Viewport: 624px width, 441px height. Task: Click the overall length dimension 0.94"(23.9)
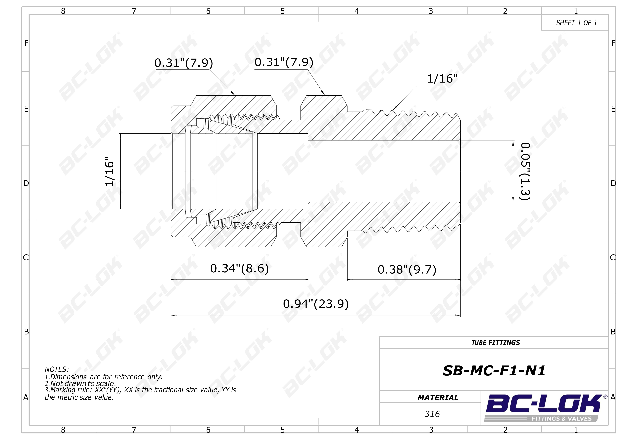click(x=316, y=304)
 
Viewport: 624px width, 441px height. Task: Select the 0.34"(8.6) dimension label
click(x=239, y=269)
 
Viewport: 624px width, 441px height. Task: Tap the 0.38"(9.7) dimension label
click(x=407, y=270)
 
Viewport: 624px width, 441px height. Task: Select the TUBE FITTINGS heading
click(x=496, y=343)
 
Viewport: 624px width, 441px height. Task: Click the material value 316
click(x=432, y=414)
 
